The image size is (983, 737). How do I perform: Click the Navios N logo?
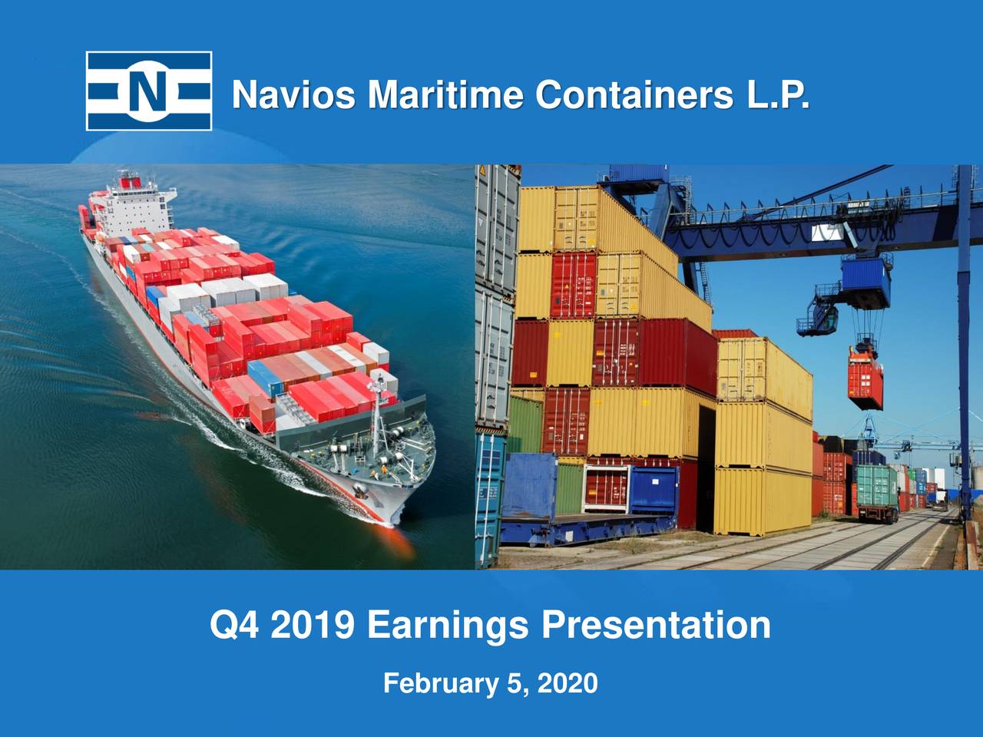(x=148, y=91)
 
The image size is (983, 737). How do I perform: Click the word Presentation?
(x=656, y=625)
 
